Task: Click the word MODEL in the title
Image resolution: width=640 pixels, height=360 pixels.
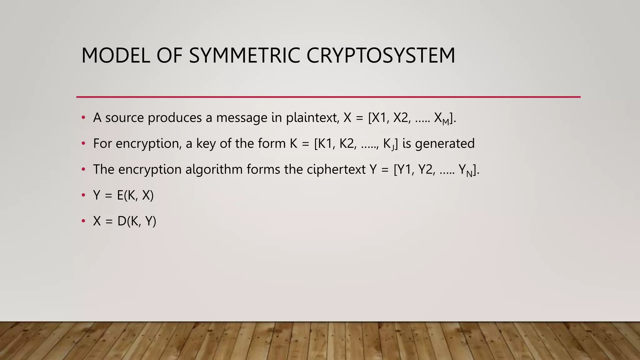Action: click(x=116, y=56)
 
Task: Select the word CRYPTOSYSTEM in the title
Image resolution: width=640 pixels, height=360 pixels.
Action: click(x=381, y=56)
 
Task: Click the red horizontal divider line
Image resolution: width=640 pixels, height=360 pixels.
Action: click(x=328, y=97)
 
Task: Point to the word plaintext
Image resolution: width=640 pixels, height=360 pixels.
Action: click(x=312, y=118)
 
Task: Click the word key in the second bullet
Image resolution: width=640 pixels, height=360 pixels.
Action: click(x=206, y=144)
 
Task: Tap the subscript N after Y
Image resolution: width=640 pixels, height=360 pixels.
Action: click(x=469, y=174)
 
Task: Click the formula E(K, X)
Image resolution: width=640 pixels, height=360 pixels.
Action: click(x=135, y=195)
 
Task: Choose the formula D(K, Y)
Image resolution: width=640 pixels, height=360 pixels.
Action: click(x=137, y=221)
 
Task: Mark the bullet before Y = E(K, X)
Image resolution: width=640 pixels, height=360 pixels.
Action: click(x=83, y=195)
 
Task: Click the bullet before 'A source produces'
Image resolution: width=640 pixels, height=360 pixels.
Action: click(x=83, y=118)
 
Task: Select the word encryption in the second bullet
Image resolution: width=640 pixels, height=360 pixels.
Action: click(x=148, y=144)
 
